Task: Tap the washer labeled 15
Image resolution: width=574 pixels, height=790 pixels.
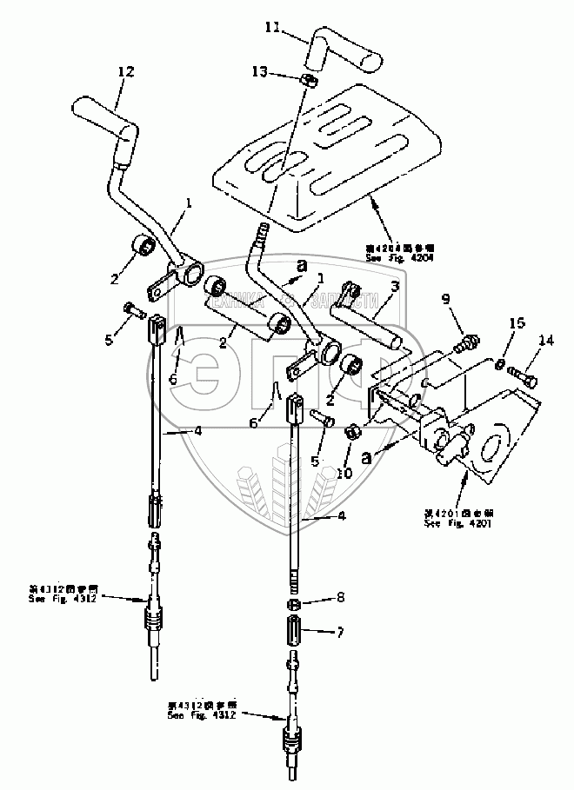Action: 499,363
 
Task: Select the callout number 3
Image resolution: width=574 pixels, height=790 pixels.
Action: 394,286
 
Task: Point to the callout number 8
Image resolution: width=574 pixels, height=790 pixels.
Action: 340,599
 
